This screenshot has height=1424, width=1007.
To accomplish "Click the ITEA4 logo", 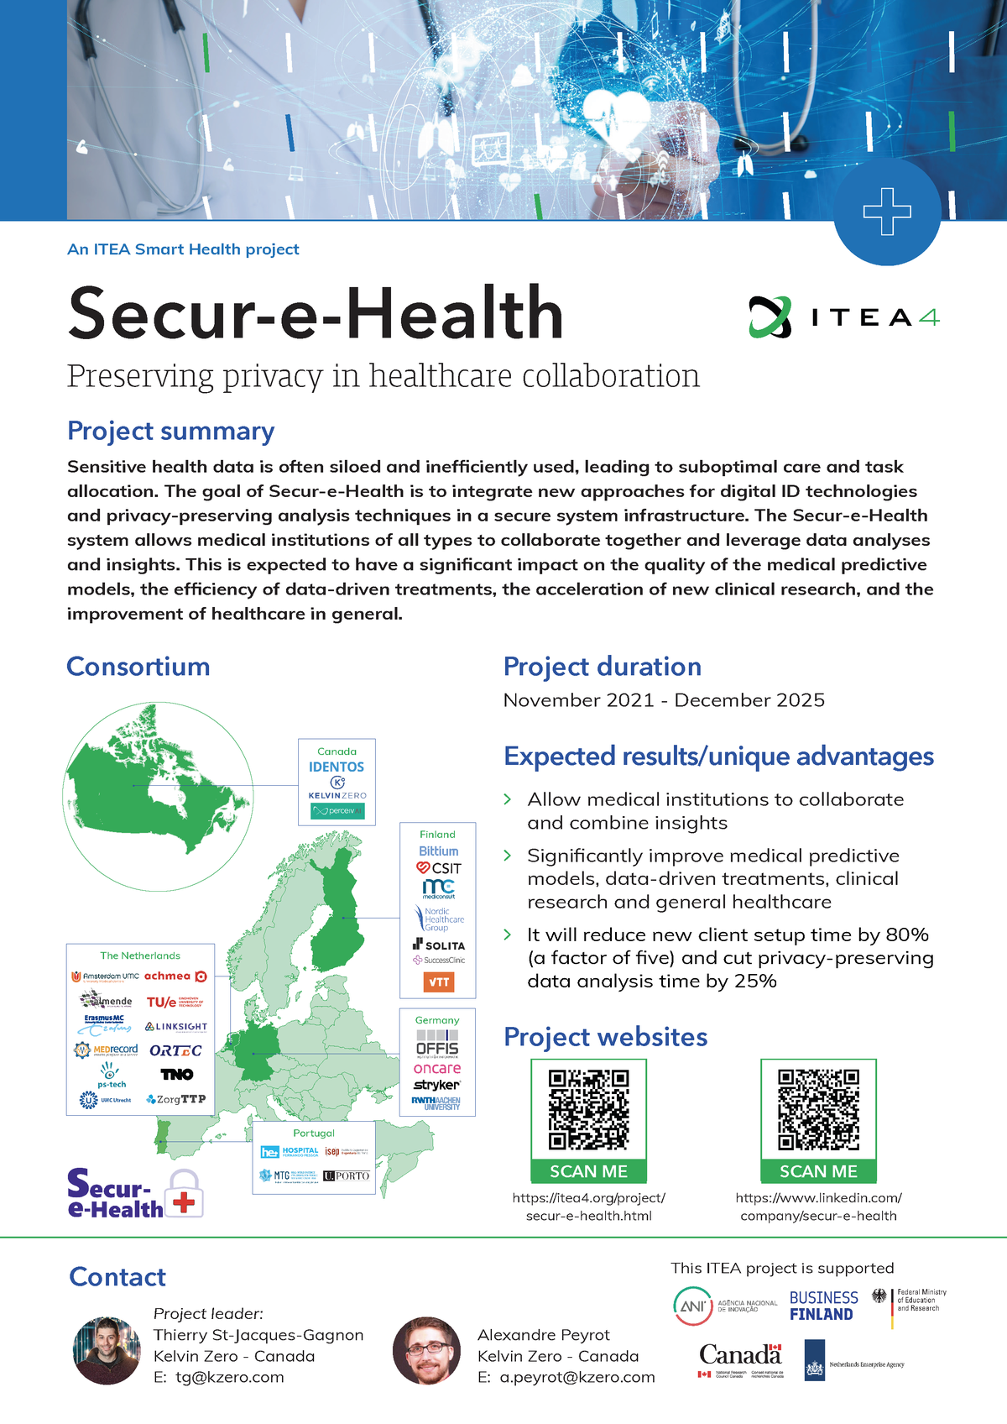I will point(843,317).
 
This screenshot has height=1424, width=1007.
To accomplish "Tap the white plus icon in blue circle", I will point(887,212).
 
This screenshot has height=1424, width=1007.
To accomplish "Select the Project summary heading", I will point(170,431).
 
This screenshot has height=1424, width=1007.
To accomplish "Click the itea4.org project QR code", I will point(588,1109).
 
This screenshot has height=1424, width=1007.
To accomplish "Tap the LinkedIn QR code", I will point(818,1109).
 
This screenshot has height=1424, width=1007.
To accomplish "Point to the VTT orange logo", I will point(439,982).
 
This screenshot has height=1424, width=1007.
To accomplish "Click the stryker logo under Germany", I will point(436,1085).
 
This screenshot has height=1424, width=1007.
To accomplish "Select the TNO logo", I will point(177,1074).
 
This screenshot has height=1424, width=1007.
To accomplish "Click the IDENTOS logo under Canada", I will point(337,767).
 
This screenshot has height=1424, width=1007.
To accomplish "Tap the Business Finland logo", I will point(823,1306).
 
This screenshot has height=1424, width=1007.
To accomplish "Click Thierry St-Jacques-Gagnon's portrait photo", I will point(107,1350).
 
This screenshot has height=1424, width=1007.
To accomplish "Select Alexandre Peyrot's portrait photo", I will point(426,1350).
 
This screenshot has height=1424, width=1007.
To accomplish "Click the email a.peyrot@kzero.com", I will point(577,1377).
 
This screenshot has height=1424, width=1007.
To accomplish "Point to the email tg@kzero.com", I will point(229,1377).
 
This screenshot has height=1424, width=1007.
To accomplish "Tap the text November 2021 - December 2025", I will point(664,700).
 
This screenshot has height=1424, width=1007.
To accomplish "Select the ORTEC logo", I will point(175,1050).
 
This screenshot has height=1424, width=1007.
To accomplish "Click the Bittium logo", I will point(438,851).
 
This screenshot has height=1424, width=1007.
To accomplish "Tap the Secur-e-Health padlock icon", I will point(185,1194).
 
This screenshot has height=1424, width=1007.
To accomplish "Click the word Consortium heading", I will point(138,667).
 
